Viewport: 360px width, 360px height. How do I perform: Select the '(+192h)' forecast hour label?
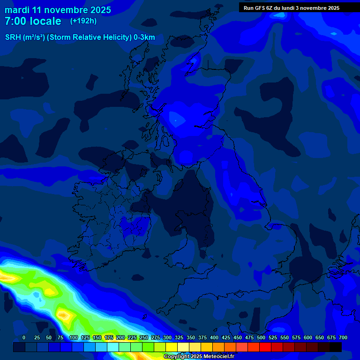pos(83,21)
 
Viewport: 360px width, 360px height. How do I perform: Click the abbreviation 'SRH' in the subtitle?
pos(13,37)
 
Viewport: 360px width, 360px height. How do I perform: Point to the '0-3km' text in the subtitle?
pos(144,37)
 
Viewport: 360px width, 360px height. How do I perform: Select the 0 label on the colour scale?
pos(24,337)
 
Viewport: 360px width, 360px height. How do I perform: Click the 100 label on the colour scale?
pos(74,337)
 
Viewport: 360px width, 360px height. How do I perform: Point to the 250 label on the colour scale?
pos(144,337)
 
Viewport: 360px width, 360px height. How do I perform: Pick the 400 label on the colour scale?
pos(214,337)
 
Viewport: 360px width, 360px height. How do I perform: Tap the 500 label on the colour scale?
pos(261,337)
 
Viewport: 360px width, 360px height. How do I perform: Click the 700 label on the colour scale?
pos(343,337)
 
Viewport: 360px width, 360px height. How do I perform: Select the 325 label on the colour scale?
pos(179,337)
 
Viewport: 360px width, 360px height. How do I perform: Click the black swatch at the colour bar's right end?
pos(336,347)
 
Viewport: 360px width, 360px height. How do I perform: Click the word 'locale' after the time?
pos(46,21)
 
